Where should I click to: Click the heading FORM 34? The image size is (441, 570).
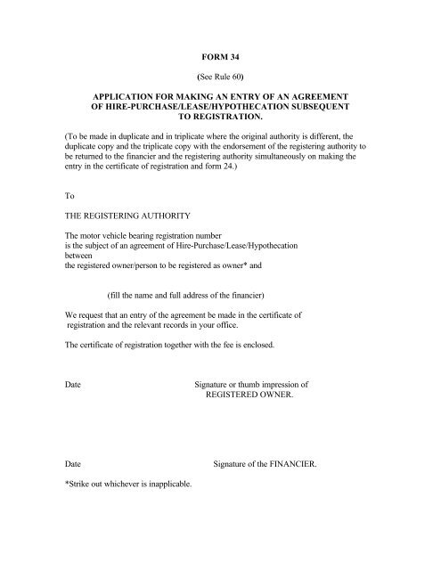coord(219,56)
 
